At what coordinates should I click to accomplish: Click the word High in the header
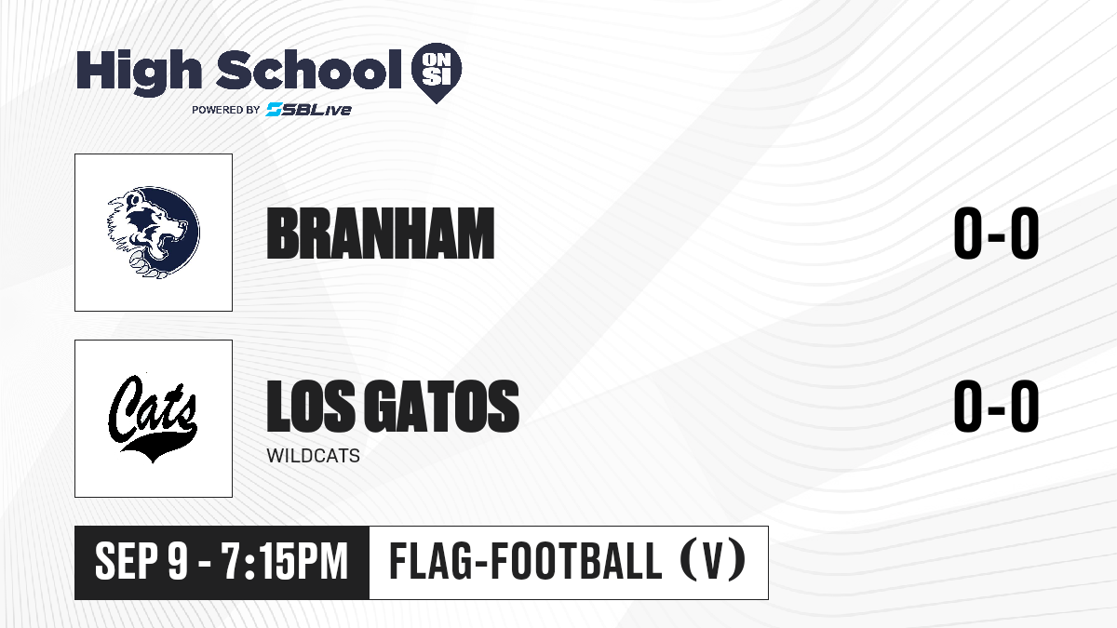139,73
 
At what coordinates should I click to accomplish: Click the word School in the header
309,69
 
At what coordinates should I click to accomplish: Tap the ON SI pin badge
437,73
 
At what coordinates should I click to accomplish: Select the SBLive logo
309,109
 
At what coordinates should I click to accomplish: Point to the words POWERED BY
226,110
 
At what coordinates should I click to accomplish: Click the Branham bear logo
154,233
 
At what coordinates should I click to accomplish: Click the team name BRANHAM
381,234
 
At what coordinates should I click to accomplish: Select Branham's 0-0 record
996,234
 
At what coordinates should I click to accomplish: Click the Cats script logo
153,418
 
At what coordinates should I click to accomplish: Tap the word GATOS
442,406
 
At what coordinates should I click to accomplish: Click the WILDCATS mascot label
313,456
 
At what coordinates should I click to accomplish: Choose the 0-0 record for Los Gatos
996,406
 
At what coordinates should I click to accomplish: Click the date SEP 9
142,562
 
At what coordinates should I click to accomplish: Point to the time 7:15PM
284,562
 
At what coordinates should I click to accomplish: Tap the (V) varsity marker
713,560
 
